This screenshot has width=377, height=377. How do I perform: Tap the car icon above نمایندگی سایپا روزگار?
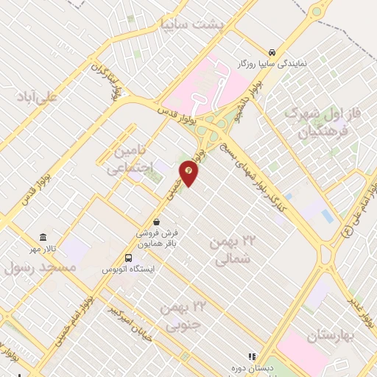coord(272,52)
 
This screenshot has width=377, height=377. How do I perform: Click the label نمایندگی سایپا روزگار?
coord(272,64)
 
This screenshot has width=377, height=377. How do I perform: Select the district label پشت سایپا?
coord(191,24)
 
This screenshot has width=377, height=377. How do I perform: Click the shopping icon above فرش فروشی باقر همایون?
coord(156,221)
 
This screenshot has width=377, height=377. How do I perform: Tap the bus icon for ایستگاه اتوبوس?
coord(129,258)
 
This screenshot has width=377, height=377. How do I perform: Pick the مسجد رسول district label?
coord(40,267)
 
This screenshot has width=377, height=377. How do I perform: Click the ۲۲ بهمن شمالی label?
coord(236,250)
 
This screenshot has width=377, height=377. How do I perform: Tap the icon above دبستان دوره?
coord(250,357)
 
